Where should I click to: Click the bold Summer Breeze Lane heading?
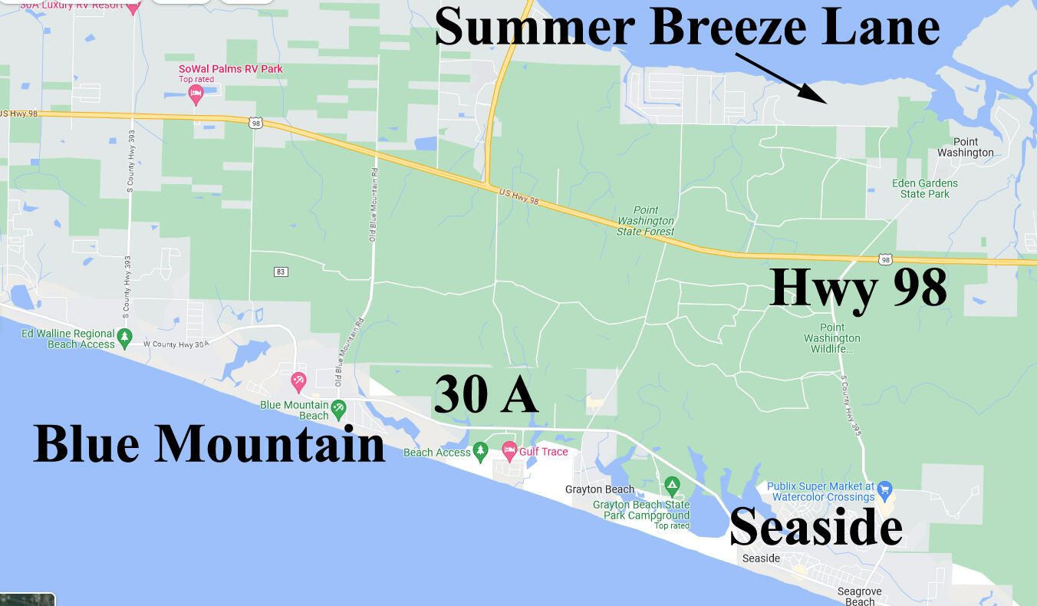pos(687,28)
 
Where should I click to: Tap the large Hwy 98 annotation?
pos(858,288)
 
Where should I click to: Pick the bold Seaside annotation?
pos(815,528)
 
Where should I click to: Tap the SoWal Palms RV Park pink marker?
pos(196,94)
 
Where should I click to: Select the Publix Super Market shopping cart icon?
pos(884,488)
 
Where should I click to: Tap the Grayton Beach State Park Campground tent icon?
pos(672,484)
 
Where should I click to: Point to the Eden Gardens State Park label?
pos(925,189)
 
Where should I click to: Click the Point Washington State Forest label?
pos(646,221)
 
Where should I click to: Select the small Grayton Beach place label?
pos(600,489)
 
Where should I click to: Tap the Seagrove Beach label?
pos(860,596)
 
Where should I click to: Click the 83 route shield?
pos(281,272)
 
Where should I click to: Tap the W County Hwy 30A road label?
pos(176,344)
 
